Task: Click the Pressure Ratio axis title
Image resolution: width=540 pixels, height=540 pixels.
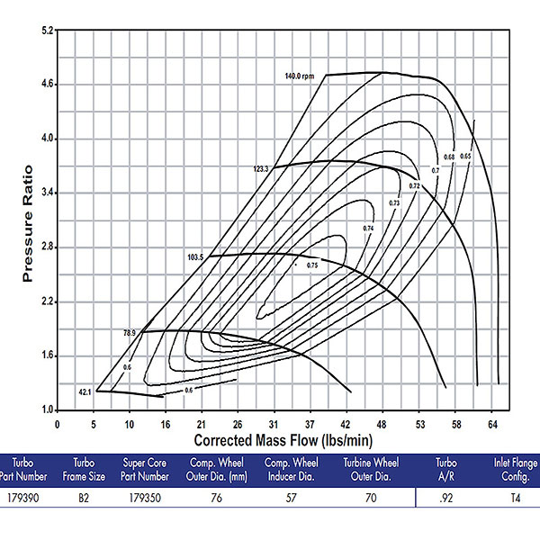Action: pyautogui.click(x=28, y=222)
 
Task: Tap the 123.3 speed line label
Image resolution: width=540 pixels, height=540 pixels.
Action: pyautogui.click(x=261, y=168)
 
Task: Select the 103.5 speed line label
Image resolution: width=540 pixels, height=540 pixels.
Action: pyautogui.click(x=196, y=257)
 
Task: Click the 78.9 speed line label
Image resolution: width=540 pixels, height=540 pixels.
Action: pyautogui.click(x=129, y=333)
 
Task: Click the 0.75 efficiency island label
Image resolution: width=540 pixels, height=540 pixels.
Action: pyautogui.click(x=312, y=265)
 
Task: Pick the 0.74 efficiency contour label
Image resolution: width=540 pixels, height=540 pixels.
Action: pyautogui.click(x=368, y=229)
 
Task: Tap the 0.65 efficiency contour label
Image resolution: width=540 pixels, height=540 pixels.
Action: pyautogui.click(x=465, y=157)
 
